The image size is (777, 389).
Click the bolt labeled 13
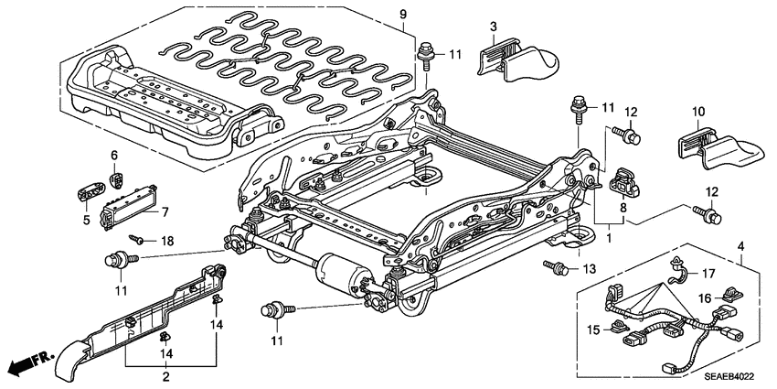point(555,267)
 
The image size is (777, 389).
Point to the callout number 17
point(708,273)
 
